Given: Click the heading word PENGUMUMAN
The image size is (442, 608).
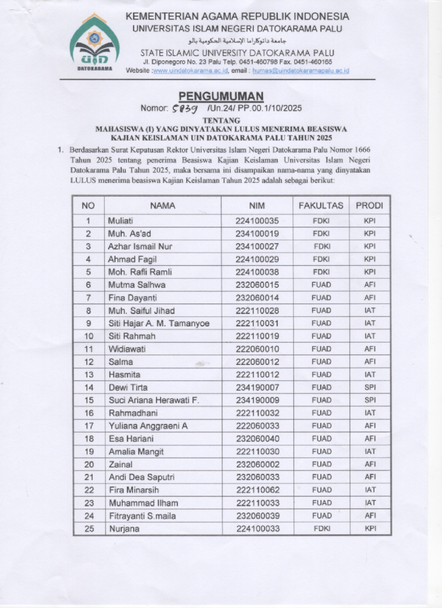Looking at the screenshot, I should [x=221, y=96].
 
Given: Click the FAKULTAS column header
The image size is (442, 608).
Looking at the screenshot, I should [x=321, y=205].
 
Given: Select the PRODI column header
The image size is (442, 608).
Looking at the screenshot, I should [x=369, y=205].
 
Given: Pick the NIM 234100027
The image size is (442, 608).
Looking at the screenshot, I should [x=257, y=247].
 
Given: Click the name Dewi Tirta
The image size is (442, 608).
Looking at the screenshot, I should [x=128, y=388].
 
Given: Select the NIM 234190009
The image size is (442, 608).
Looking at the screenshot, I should [x=257, y=400].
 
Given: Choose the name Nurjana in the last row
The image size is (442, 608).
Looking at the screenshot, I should [x=123, y=529].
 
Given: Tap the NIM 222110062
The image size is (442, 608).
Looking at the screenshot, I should [x=257, y=490].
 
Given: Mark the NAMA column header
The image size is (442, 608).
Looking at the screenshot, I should [x=162, y=205].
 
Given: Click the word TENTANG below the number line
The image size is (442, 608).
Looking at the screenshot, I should [x=221, y=120].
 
